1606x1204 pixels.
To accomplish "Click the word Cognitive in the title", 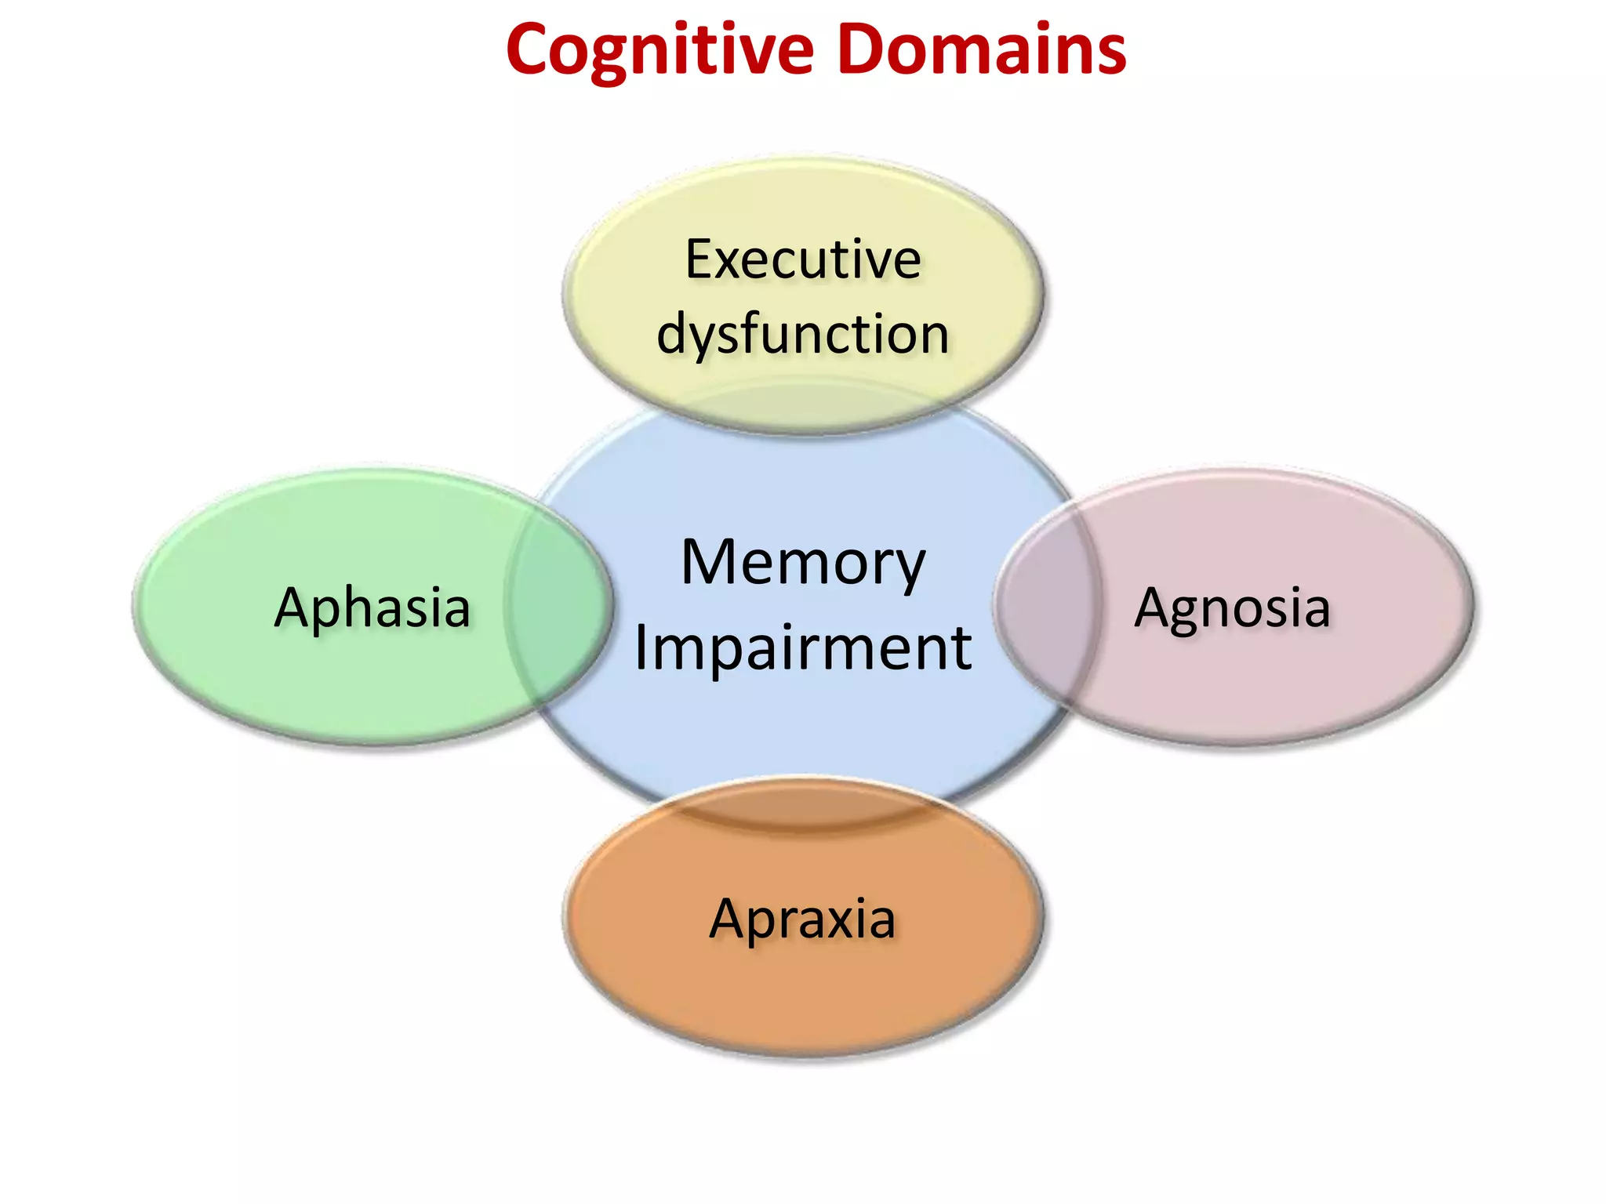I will tap(660, 51).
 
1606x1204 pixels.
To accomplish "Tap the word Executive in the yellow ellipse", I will tap(803, 259).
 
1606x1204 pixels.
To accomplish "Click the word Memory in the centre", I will tap(803, 563).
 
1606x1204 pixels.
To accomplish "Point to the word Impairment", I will tap(803, 648).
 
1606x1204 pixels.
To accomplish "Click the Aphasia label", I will tap(372, 608).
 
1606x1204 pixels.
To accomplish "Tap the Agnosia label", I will tap(1232, 608).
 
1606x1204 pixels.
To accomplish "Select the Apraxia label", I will tap(802, 919).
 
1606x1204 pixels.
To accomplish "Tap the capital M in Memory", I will tap(710, 563).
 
